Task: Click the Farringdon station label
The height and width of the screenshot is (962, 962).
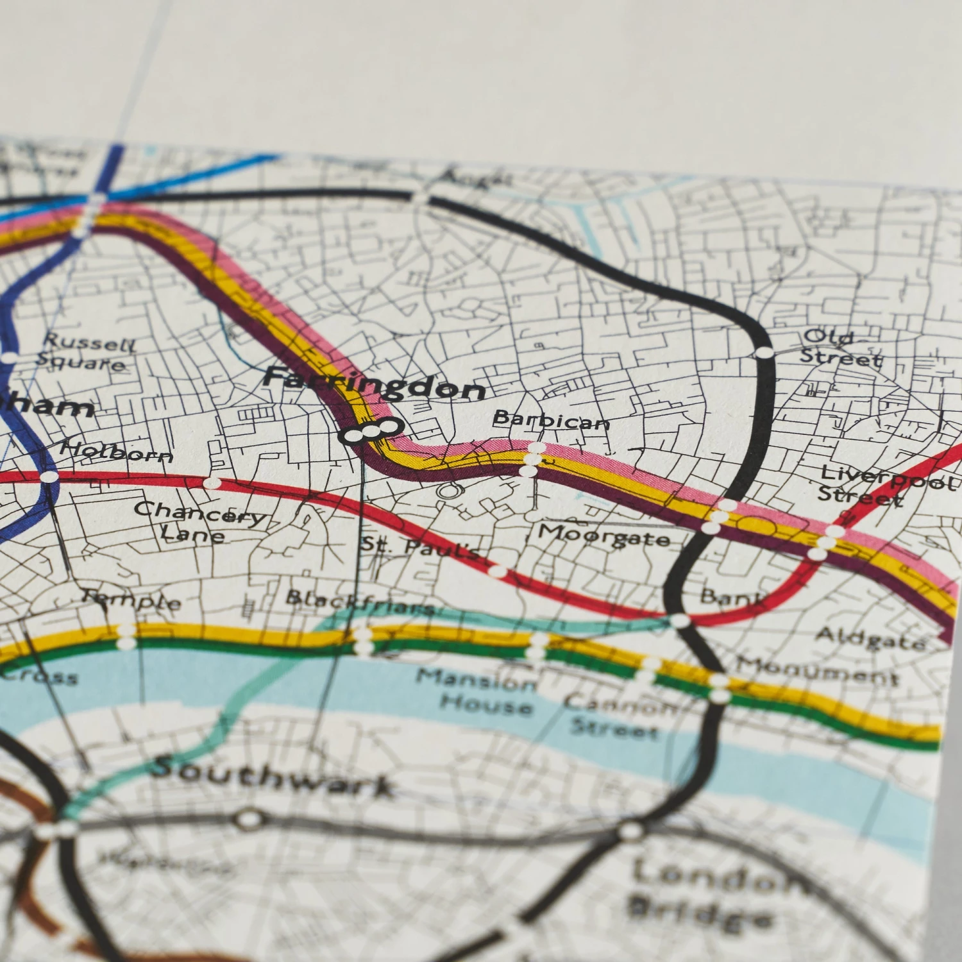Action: pyautogui.click(x=375, y=384)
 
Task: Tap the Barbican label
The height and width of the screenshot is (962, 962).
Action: pyautogui.click(x=551, y=420)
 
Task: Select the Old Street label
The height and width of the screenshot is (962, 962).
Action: pyautogui.click(x=840, y=348)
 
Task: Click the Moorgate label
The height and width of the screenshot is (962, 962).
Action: pyautogui.click(x=603, y=536)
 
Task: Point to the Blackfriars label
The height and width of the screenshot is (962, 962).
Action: pyautogui.click(x=359, y=602)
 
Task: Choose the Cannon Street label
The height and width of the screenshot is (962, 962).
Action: pyautogui.click(x=616, y=717)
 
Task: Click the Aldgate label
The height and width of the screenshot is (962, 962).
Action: pyautogui.click(x=870, y=638)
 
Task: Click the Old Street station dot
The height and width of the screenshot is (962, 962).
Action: pyautogui.click(x=764, y=353)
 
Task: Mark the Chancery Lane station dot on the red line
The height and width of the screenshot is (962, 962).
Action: pyautogui.click(x=212, y=483)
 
